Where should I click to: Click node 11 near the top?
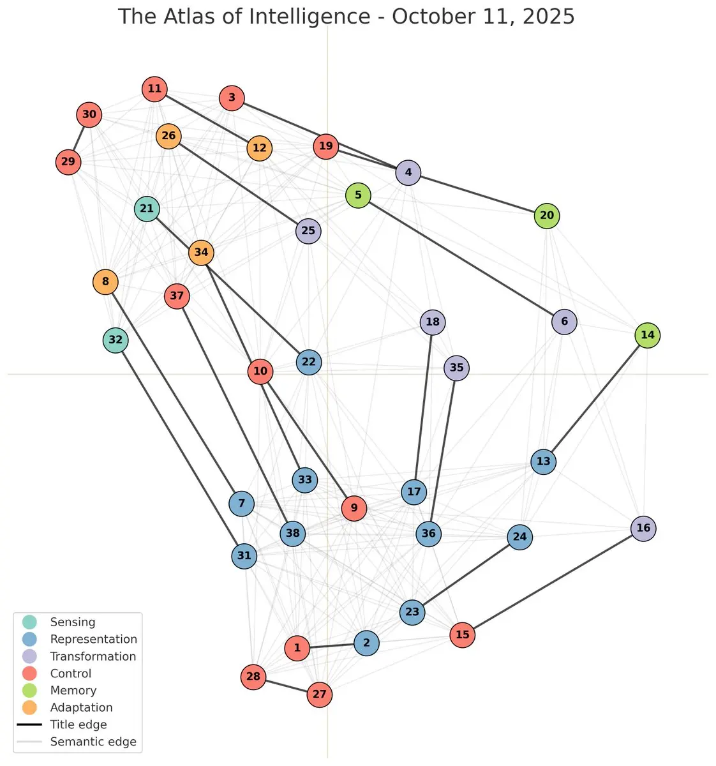pyautogui.click(x=154, y=89)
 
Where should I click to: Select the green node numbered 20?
pyautogui.click(x=547, y=216)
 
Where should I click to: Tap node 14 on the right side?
pyautogui.click(x=647, y=335)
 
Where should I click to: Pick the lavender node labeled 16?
pyautogui.click(x=643, y=528)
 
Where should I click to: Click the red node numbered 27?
pyautogui.click(x=319, y=695)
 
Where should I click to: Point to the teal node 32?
pyautogui.click(x=116, y=340)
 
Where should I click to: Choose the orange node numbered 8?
pyautogui.click(x=105, y=282)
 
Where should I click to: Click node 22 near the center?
pyautogui.click(x=308, y=362)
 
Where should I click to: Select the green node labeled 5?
pyautogui.click(x=358, y=195)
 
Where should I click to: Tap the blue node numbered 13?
pyautogui.click(x=543, y=462)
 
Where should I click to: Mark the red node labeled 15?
pyautogui.click(x=462, y=635)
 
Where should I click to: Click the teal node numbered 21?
pyautogui.click(x=147, y=209)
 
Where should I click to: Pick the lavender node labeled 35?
pyautogui.click(x=456, y=368)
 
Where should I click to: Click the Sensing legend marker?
pyautogui.click(x=29, y=622)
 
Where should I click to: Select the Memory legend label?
pyautogui.click(x=73, y=690)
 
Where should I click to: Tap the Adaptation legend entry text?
pyautogui.click(x=81, y=707)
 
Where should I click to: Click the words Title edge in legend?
pyautogui.click(x=78, y=725)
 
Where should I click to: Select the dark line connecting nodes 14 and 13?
pyautogui.click(x=595, y=398)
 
